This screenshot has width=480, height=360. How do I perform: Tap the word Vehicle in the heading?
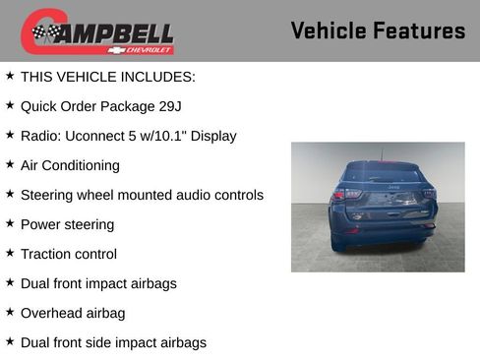[330, 30]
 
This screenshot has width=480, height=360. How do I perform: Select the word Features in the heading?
[420, 30]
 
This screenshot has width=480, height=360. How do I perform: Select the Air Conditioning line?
[70, 165]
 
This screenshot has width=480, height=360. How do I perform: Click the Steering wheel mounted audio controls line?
[142, 195]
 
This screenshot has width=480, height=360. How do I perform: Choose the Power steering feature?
[67, 224]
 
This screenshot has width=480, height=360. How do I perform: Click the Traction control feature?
[68, 254]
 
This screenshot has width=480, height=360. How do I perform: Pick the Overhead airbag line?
[73, 313]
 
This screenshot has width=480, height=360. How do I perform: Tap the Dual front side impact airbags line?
[113, 342]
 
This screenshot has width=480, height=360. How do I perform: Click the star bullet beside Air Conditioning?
[10, 164]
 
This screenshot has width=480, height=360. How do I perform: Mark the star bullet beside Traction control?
[10, 253]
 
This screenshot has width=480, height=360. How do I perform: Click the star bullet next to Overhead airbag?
[10, 312]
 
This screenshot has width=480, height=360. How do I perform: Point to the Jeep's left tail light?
[339, 195]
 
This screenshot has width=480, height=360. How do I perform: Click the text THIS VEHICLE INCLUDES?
[108, 77]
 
